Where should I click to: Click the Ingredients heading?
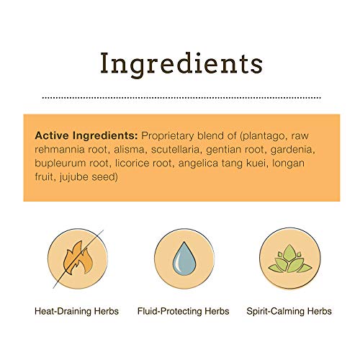pos(181,64)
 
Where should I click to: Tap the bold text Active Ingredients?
pos(86,135)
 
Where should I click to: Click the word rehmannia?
pos(60,150)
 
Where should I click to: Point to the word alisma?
pos(129,150)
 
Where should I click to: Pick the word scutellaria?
pos(176,150)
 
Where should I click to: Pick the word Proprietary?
pos(168,136)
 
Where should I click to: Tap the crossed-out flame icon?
pos(78,258)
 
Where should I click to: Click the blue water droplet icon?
pos(184,258)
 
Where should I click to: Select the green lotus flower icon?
pos(290,259)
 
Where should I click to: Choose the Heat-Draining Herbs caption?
pos(76,311)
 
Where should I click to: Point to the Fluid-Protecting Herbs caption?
pos(183,311)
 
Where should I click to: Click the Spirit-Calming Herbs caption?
pos(289,311)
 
